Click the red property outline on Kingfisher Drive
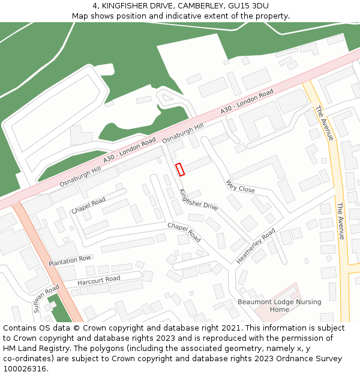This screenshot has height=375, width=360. click(179, 169)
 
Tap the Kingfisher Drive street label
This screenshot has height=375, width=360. click(199, 199)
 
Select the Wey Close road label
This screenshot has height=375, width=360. click(240, 186)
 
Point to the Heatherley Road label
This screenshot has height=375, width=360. click(256, 245)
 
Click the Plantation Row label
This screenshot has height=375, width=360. click(70, 261)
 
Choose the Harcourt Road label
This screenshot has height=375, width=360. click(99, 280)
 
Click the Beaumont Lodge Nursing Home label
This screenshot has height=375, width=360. click(279, 305)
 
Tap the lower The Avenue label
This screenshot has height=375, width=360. click(341, 221)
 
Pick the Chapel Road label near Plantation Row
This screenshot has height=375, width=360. click(88, 205)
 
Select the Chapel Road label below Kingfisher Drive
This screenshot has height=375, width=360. click(184, 232)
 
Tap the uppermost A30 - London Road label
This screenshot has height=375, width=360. click(247, 102)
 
